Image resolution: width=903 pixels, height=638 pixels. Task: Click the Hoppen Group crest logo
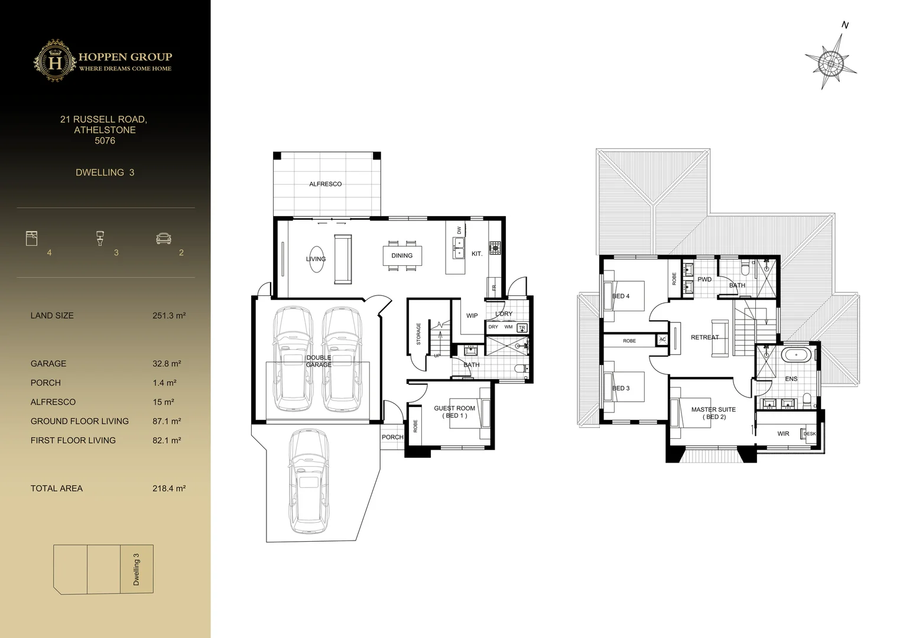(x=54, y=61)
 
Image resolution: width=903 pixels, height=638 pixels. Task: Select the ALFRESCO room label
(x=325, y=184)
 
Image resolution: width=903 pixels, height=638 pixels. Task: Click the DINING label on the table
(x=402, y=256)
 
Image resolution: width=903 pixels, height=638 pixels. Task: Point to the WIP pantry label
(x=472, y=316)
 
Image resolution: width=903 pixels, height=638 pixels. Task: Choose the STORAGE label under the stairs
(x=418, y=334)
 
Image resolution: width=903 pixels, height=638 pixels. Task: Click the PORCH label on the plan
(x=392, y=437)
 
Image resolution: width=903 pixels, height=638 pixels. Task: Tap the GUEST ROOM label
(x=454, y=408)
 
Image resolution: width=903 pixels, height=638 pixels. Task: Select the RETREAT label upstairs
(x=704, y=337)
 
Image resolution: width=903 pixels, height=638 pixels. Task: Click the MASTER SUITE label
(x=713, y=409)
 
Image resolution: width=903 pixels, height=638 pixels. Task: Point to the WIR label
(x=783, y=434)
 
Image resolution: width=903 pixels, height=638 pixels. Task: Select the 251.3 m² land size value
(x=169, y=315)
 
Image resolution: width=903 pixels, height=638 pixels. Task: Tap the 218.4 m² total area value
(x=169, y=489)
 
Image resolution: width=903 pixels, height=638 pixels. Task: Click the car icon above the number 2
(x=164, y=238)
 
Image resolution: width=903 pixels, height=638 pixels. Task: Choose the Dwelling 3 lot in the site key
(x=137, y=569)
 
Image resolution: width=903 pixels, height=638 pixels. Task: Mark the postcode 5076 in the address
(x=105, y=141)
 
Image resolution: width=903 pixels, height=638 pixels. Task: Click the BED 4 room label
(x=621, y=296)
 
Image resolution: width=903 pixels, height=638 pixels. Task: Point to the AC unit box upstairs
(x=662, y=340)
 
